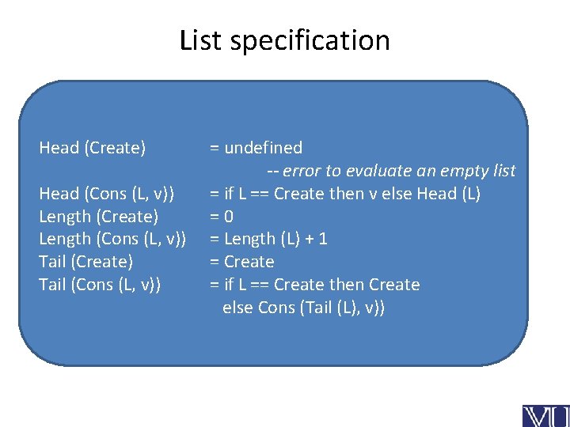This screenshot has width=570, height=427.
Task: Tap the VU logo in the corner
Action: (545, 415)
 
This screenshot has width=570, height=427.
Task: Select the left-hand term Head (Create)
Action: (93, 148)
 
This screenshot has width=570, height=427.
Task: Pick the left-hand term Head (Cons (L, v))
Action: (107, 194)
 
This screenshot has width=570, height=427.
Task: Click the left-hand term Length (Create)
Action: (99, 217)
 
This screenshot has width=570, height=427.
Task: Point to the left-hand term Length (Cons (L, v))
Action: (112, 239)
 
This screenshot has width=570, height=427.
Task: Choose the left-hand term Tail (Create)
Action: (85, 262)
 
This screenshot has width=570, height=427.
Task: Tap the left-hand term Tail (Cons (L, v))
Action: (100, 285)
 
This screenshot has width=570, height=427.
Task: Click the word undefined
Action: (264, 148)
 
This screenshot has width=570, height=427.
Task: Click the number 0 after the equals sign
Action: (228, 217)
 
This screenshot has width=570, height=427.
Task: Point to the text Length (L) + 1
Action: (276, 239)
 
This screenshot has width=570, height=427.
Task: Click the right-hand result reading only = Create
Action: (241, 262)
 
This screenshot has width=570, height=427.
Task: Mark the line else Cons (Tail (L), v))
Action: (304, 308)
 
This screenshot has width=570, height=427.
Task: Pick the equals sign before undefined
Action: (214, 148)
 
